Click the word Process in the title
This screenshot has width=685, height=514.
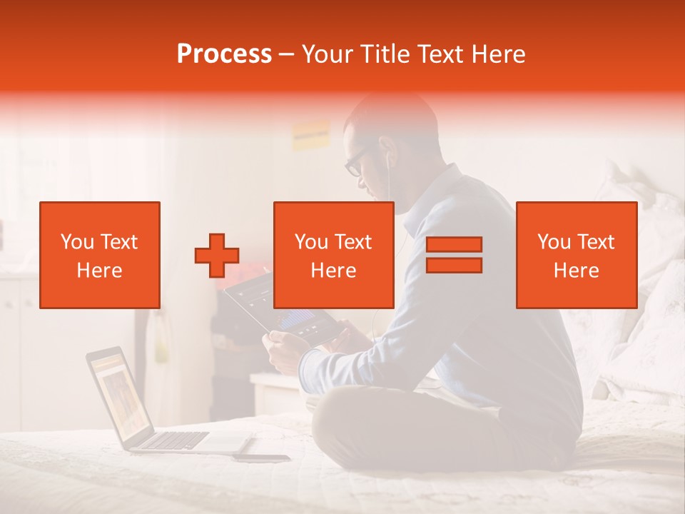point(224,54)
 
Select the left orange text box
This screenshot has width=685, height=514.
point(100,255)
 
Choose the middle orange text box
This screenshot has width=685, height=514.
point(333,255)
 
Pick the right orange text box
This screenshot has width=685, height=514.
point(576,255)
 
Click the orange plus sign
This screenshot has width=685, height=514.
point(217,256)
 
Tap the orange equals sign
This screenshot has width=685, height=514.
point(454,255)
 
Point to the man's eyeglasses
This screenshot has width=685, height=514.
point(355,162)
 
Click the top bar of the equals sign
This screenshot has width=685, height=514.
point(454,245)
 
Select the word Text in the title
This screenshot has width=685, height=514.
point(441,54)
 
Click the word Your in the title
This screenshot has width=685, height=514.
point(327,54)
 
